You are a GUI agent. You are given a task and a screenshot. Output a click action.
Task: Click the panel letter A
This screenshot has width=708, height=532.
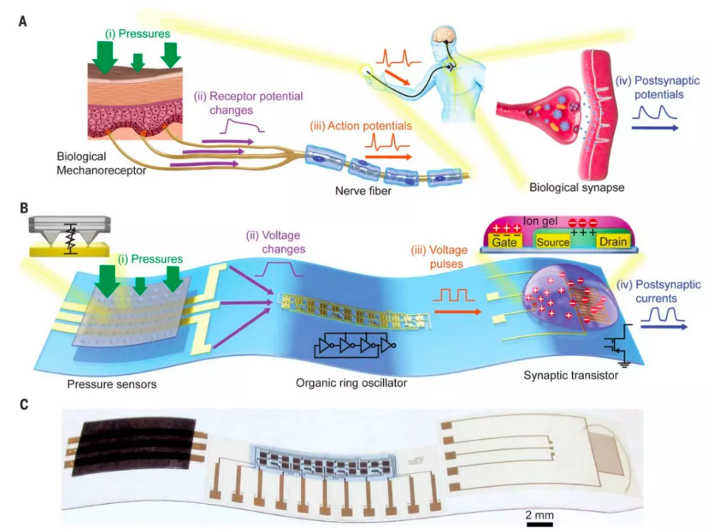click(x=23, y=22)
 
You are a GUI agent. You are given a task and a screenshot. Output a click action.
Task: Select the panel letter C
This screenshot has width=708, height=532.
click(x=23, y=405)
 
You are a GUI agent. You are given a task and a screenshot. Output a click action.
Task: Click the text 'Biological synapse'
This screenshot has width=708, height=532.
click(x=577, y=187)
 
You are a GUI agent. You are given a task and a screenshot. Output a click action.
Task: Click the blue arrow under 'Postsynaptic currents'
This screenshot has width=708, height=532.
click(x=662, y=324)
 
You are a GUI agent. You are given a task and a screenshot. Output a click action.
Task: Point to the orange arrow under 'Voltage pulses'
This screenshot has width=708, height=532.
click(x=451, y=311)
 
